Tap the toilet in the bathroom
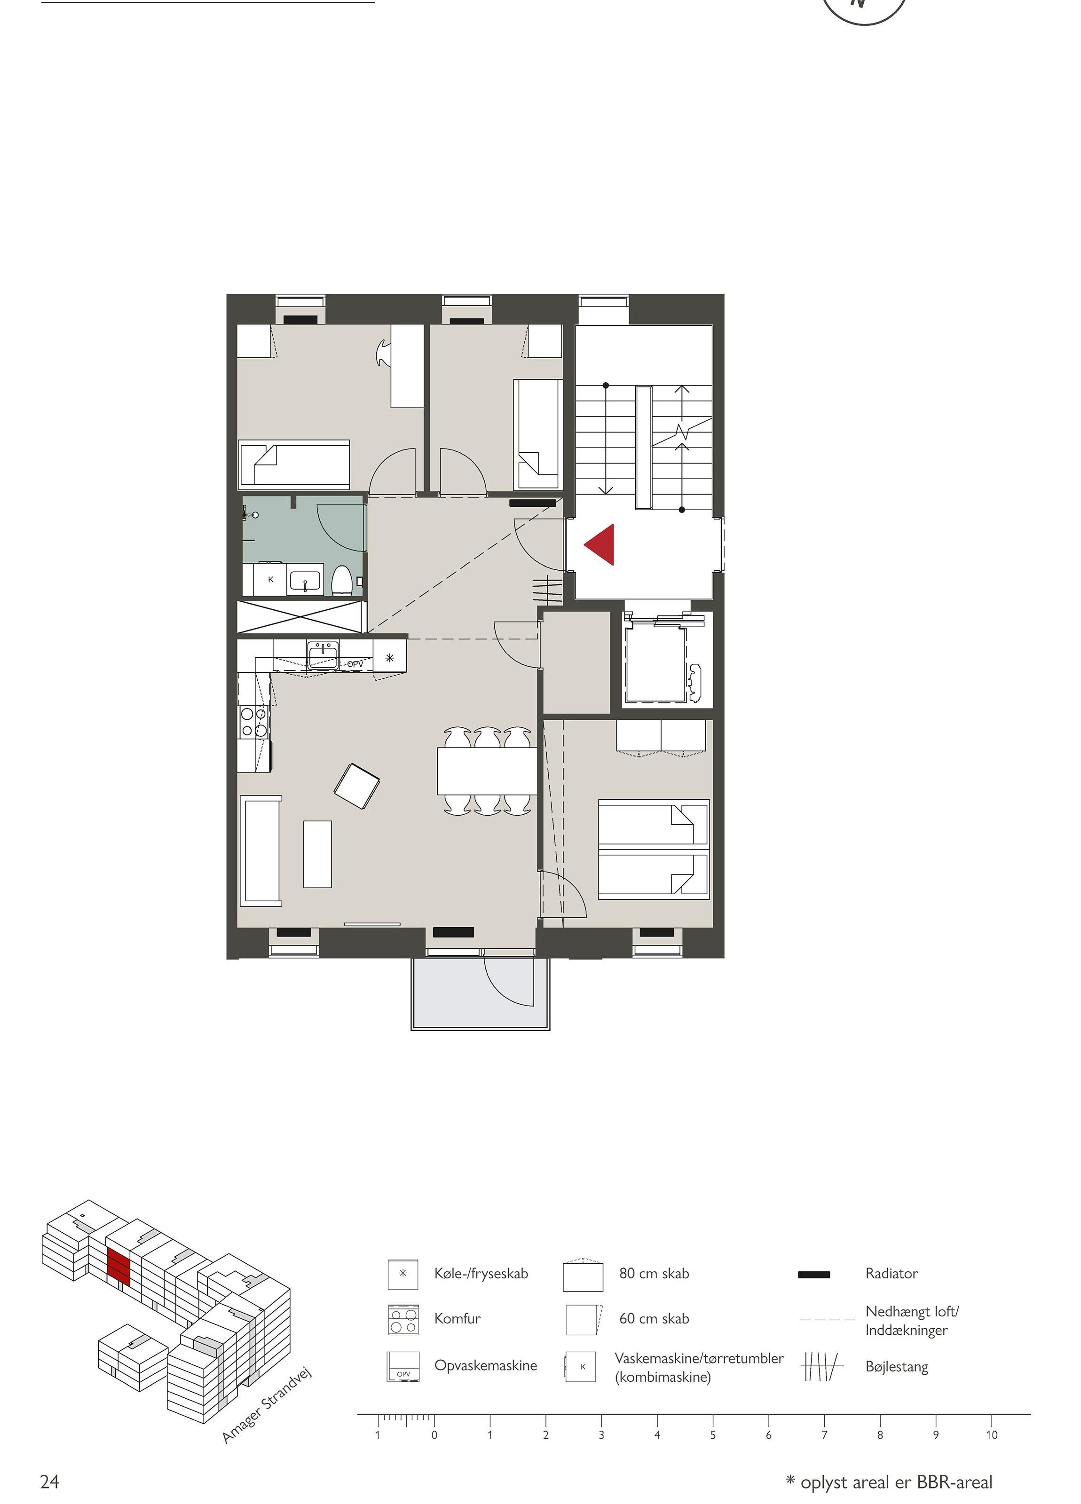click(x=341, y=580)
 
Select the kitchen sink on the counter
click(x=323, y=654)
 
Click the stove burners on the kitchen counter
click(x=254, y=722)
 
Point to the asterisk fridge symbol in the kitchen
click(x=390, y=658)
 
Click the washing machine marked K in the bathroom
click(x=270, y=580)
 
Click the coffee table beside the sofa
click(x=318, y=854)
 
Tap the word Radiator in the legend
click(x=892, y=1273)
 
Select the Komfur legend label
click(x=458, y=1318)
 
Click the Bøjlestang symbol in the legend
click(x=822, y=1366)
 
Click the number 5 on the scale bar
click(x=713, y=1434)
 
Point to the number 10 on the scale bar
click(x=992, y=1434)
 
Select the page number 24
click(x=50, y=1481)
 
